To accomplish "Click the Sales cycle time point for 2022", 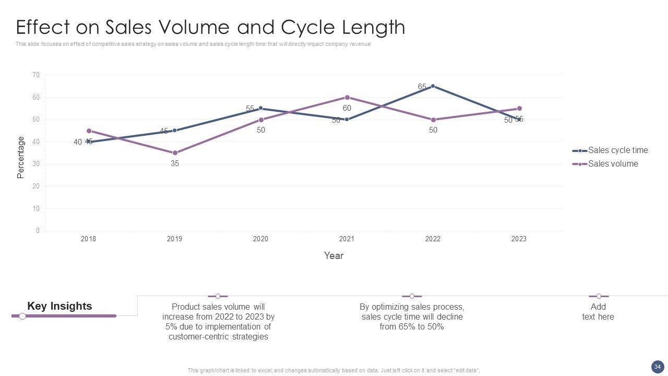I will (433, 86).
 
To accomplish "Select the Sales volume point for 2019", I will (175, 153).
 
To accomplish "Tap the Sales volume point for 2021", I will (347, 98).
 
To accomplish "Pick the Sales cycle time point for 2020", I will (260, 109).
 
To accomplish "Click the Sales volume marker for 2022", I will (433, 120).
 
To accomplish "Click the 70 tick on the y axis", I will (36, 75).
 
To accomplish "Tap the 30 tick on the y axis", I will (36, 164).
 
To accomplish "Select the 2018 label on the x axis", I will (89, 239).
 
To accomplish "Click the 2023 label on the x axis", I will (519, 239).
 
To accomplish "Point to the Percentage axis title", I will (21, 158).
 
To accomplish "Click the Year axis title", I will (333, 256).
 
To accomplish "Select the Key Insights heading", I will (59, 307).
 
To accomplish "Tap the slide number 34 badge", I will (657, 367).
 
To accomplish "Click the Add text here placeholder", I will (598, 312).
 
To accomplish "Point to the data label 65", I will (422, 87).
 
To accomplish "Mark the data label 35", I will (175, 163).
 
